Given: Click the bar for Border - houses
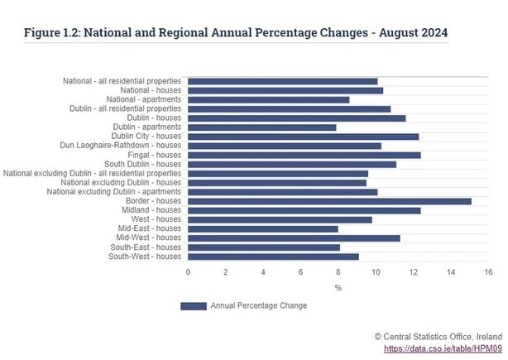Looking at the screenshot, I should pyautogui.click(x=329, y=201).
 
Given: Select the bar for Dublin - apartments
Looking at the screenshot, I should pyautogui.click(x=262, y=127).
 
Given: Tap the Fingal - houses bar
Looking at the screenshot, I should pyautogui.click(x=304, y=155).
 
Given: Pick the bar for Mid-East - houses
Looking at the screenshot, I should pyautogui.click(x=263, y=228).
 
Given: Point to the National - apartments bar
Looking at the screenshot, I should pyautogui.click(x=269, y=99).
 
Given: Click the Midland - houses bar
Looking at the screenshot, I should pyautogui.click(x=304, y=210).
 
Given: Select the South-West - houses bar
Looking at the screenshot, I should pyautogui.click(x=274, y=257).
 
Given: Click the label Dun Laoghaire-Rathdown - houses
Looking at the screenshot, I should pyautogui.click(x=120, y=146).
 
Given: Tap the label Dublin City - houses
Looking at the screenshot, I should pyautogui.click(x=146, y=137).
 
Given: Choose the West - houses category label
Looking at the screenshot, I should pyautogui.click(x=156, y=219).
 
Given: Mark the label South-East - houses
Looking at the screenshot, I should pyautogui.click(x=146, y=247).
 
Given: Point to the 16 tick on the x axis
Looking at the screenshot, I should pyautogui.click(x=489, y=271).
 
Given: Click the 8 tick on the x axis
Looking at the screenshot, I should pyautogui.click(x=338, y=271).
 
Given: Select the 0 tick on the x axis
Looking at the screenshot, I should pyautogui.click(x=188, y=271).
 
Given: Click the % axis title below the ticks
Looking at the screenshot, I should pyautogui.click(x=338, y=287).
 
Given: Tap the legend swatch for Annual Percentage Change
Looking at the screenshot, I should pyautogui.click(x=193, y=306).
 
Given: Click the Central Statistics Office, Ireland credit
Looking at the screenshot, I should pyautogui.click(x=438, y=337).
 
